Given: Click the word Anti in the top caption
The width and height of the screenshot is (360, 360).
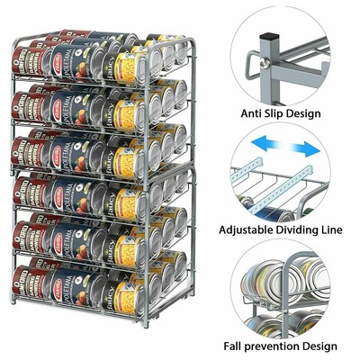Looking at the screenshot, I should (254, 113).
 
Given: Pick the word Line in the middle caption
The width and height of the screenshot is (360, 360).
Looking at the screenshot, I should (330, 229).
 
